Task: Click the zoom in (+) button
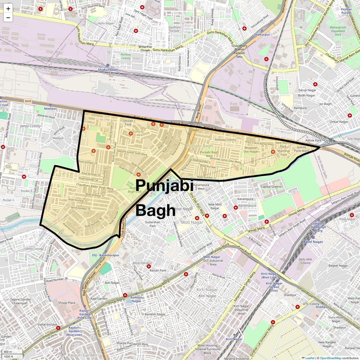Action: point(8,9)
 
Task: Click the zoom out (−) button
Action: point(8,18)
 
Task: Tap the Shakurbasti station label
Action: point(108,70)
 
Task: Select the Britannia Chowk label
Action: point(145,48)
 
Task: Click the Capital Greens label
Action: point(271,187)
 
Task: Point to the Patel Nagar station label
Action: point(313,242)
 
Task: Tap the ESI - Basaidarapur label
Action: point(106,255)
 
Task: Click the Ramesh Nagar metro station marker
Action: point(125,295)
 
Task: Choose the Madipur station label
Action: point(50,109)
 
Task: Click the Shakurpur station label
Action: point(262,34)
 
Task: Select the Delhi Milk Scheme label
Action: point(305,261)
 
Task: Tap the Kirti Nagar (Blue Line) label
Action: point(269,275)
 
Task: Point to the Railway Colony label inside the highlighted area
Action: point(226,140)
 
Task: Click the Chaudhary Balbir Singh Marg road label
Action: point(94,187)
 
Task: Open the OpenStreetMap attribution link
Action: point(330,358)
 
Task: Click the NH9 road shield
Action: point(28,101)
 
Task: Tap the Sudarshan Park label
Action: point(153,224)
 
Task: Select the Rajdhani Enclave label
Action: point(174,29)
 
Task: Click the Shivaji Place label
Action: point(67,303)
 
